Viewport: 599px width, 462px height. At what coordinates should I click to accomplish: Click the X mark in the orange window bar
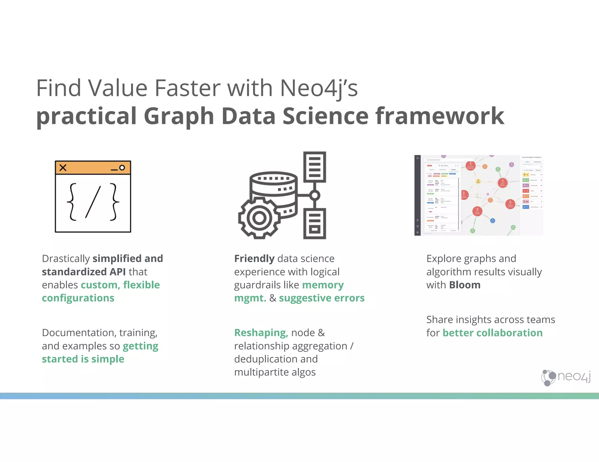click(x=63, y=168)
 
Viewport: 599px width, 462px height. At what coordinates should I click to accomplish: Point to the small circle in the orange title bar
click(x=122, y=168)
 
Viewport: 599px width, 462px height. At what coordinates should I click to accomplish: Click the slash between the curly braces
click(x=93, y=202)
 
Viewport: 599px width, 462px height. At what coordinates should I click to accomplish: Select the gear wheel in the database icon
click(x=259, y=218)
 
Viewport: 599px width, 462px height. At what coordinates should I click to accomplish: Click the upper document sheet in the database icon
click(x=314, y=167)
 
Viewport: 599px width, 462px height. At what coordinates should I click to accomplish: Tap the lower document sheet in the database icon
click(x=314, y=223)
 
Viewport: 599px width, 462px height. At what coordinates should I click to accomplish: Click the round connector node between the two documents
click(x=315, y=195)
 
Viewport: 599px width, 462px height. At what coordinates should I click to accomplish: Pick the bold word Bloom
click(x=465, y=285)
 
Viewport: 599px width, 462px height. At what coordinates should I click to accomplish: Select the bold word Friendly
click(x=254, y=259)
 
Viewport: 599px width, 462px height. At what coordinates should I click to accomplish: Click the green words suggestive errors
click(x=321, y=298)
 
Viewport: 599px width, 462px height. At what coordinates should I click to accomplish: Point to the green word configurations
click(x=78, y=298)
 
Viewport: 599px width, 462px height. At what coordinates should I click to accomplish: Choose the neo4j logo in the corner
click(x=566, y=377)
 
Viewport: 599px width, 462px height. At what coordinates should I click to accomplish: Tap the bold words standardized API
click(x=84, y=272)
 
